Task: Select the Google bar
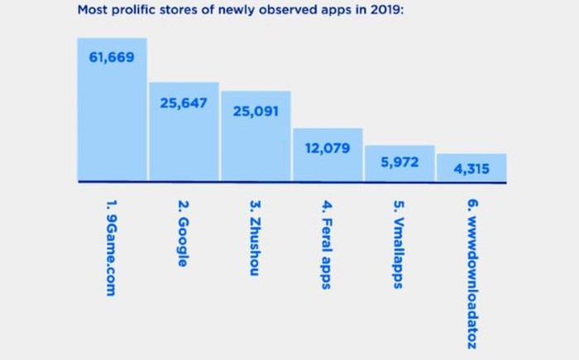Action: click(184, 141)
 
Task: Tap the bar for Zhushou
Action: click(256, 145)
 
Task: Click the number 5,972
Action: click(400, 162)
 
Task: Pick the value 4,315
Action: click(471, 170)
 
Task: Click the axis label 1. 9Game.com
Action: click(112, 247)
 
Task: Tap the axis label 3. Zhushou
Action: click(256, 238)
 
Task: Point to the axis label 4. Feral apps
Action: click(327, 244)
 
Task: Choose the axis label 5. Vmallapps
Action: click(399, 244)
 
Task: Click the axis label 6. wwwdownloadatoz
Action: click(471, 274)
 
